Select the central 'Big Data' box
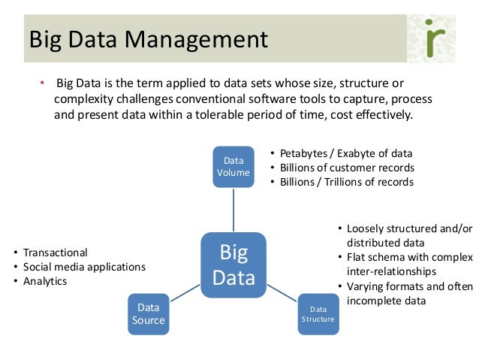click(x=233, y=264)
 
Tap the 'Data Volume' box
click(x=233, y=166)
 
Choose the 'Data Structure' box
click(x=318, y=313)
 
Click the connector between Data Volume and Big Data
click(x=233, y=210)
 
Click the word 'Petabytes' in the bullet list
click(x=305, y=153)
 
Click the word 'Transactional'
click(x=56, y=253)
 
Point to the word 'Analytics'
click(x=45, y=281)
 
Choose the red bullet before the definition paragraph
click(x=42, y=83)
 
